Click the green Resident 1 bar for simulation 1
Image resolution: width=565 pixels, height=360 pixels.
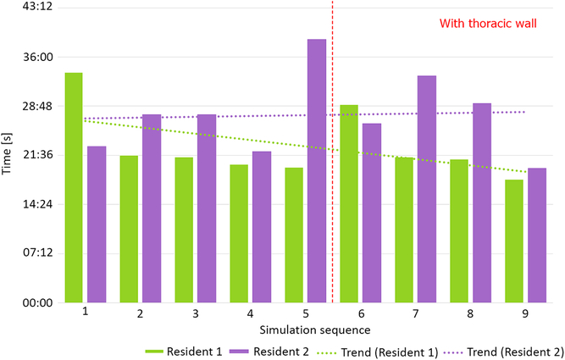point(74,188)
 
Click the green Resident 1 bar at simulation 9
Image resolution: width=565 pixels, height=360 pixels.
point(514,241)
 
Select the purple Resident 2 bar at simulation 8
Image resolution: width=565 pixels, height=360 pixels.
point(482,203)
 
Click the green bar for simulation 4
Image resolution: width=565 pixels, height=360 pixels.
point(239,234)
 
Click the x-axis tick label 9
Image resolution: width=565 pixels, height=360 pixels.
point(525,313)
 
